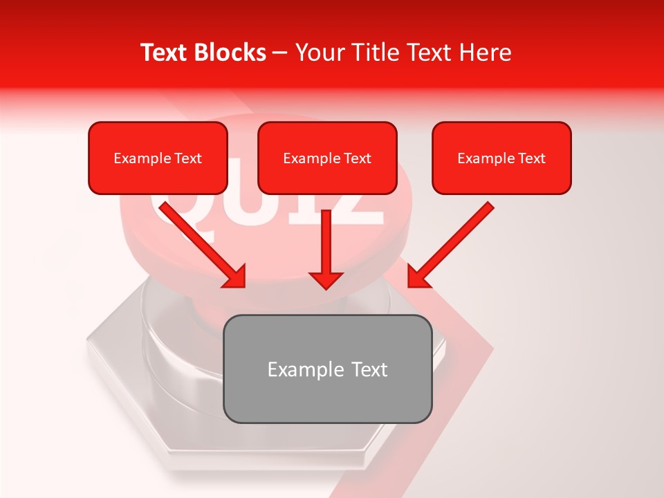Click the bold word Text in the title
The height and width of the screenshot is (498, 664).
(x=165, y=53)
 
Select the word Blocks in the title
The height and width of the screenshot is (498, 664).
(x=230, y=53)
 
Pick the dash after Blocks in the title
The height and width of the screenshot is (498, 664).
(x=280, y=54)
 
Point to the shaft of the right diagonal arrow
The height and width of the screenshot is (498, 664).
(x=456, y=239)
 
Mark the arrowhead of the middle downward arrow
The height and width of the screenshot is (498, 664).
(x=326, y=279)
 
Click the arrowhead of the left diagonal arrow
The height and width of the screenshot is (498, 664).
(x=235, y=277)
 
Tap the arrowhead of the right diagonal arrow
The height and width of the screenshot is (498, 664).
(x=418, y=277)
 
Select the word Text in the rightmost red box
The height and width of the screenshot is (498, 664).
(x=531, y=158)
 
